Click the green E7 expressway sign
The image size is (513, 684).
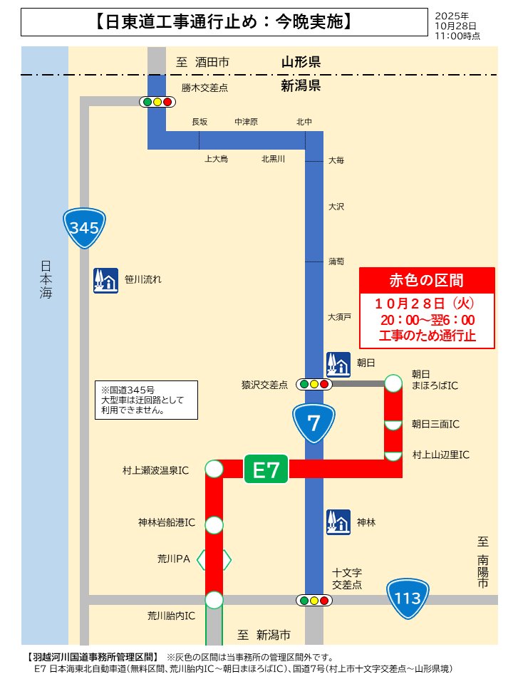pyautogui.click(x=266, y=469)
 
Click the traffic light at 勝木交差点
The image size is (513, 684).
pyautogui.click(x=157, y=102)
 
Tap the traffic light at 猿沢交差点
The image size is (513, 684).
pyautogui.click(x=314, y=384)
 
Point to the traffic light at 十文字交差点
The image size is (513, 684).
pyautogui.click(x=314, y=601)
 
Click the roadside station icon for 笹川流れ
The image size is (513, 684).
pyautogui.click(x=105, y=280)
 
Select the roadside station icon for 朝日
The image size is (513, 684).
pyautogui.click(x=338, y=363)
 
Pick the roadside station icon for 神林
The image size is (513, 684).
pyautogui.click(x=338, y=522)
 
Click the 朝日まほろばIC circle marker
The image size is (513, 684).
pyautogui.click(x=393, y=383)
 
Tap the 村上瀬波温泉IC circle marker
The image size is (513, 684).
pyautogui.click(x=214, y=469)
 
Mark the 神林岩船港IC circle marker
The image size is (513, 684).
pyautogui.click(x=214, y=525)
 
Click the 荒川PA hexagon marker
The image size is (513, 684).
pyautogui.click(x=214, y=559)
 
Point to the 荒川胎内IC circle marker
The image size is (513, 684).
pyautogui.click(x=214, y=600)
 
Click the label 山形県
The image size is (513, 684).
pyautogui.click(x=300, y=63)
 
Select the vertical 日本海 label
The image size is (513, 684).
pyautogui.click(x=46, y=278)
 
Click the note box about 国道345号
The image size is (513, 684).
pyautogui.click(x=146, y=400)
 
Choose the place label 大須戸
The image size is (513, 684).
pyautogui.click(x=339, y=316)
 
